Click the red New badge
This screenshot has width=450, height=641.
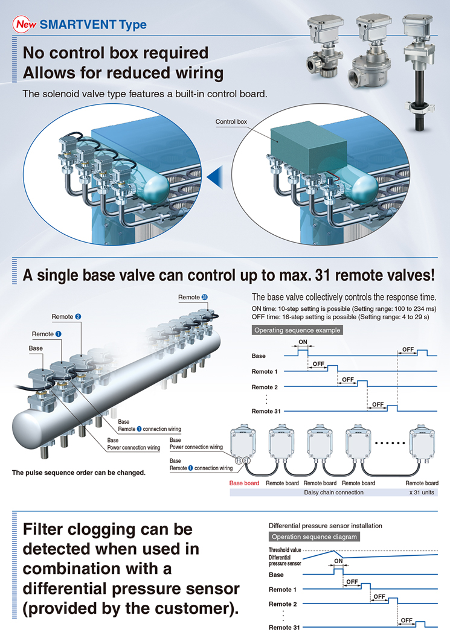pyautogui.click(x=25, y=25)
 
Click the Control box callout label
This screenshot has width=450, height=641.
pyautogui.click(x=231, y=121)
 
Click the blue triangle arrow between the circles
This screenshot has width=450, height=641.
pyautogui.click(x=215, y=177)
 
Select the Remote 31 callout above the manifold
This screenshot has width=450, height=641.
pyautogui.click(x=193, y=297)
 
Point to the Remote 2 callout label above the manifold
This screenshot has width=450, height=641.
pyautogui.click(x=66, y=316)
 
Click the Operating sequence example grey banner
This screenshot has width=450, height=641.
pyautogui.click(x=297, y=330)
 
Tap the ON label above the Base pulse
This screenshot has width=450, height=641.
pyautogui.click(x=303, y=342)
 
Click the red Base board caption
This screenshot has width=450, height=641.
pyautogui.click(x=244, y=483)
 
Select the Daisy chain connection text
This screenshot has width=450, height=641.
pyautogui.click(x=333, y=492)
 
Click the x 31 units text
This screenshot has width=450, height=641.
pyautogui.click(x=422, y=492)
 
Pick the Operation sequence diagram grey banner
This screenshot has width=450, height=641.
pyautogui.click(x=314, y=537)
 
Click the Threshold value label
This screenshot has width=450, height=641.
pyautogui.click(x=284, y=550)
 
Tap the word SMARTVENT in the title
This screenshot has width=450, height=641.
pyautogui.click(x=79, y=25)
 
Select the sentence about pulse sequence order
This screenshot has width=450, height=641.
pyautogui.click(x=79, y=473)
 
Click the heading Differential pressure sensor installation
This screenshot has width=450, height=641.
pyautogui.click(x=325, y=526)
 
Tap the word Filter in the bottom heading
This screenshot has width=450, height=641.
pyautogui.click(x=42, y=529)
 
